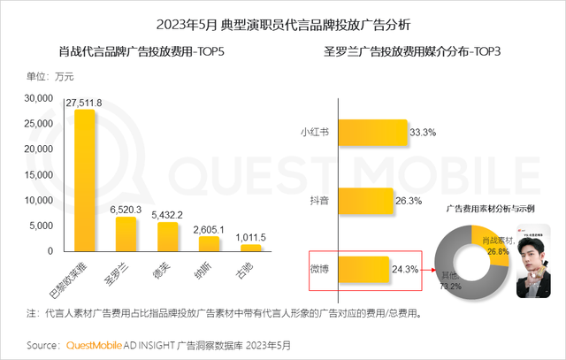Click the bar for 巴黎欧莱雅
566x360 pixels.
click(x=85, y=180)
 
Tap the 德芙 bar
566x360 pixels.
click(x=168, y=236)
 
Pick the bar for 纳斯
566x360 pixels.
click(x=210, y=243)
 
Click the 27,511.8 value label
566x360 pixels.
click(x=85, y=103)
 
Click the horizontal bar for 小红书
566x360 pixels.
click(x=371, y=133)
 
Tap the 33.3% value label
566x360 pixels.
click(x=422, y=133)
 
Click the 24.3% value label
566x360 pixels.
click(x=405, y=269)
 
